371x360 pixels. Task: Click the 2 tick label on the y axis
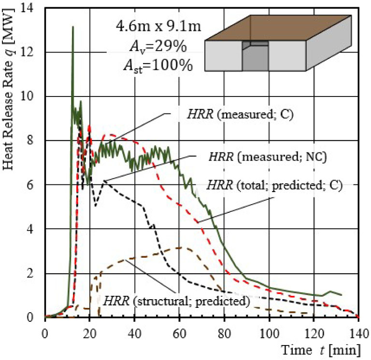tap(37, 274)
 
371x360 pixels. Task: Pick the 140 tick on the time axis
tap(357, 332)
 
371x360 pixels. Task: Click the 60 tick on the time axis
tap(179, 332)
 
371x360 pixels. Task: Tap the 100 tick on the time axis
tap(269, 332)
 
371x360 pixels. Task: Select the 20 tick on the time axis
tap(89, 332)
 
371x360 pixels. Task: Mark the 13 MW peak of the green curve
tap(73, 27)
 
